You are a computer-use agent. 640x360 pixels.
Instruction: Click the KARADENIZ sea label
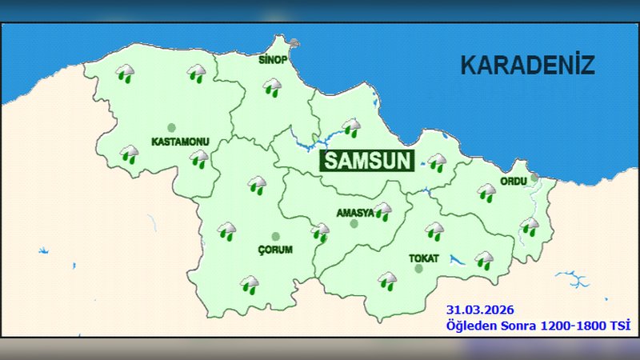pyautogui.click(x=527, y=65)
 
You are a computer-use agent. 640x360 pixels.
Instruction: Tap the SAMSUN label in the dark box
pyautogui.click(x=368, y=160)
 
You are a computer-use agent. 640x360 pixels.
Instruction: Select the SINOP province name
pyautogui.click(x=274, y=60)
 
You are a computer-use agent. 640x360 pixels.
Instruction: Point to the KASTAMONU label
pyautogui.click(x=180, y=142)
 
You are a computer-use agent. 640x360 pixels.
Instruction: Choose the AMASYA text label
pyautogui.click(x=355, y=212)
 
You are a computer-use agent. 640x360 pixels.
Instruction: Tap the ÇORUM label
pyautogui.click(x=275, y=250)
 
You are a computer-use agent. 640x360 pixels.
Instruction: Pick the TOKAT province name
pyautogui.click(x=423, y=258)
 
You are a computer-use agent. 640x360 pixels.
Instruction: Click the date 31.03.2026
pyautogui.click(x=480, y=309)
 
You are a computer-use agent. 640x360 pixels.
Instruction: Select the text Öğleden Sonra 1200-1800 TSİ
pyautogui.click(x=538, y=325)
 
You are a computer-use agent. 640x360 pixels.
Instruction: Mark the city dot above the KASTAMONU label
pyautogui.click(x=170, y=128)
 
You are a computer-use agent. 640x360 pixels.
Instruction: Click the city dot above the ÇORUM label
pyautogui.click(x=276, y=237)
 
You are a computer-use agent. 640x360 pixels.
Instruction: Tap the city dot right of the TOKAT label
pyautogui.click(x=418, y=269)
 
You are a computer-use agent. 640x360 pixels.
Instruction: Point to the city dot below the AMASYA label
pyautogui.click(x=354, y=224)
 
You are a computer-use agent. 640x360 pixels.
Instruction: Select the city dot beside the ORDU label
pyautogui.click(x=534, y=178)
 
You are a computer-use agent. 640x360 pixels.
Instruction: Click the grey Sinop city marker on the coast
pyautogui.click(x=295, y=44)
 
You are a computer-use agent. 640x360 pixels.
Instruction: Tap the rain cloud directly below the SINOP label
pyautogui.click(x=274, y=86)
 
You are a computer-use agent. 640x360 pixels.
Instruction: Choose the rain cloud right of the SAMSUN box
pyautogui.click(x=437, y=162)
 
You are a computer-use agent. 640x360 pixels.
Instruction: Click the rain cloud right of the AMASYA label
pyautogui.click(x=383, y=211)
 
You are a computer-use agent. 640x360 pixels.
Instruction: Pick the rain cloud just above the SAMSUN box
pyautogui.click(x=350, y=127)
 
